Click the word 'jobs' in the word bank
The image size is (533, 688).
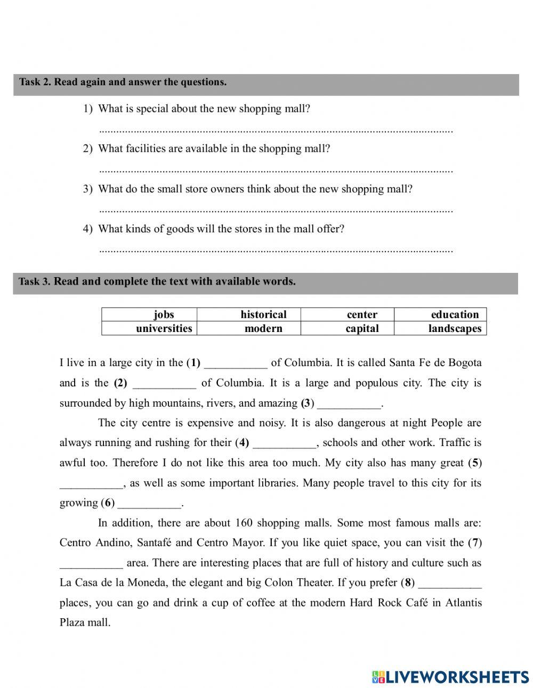click(x=164, y=314)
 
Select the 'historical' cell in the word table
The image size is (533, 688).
click(x=263, y=314)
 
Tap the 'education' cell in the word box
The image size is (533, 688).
click(x=455, y=314)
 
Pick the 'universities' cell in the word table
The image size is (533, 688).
click(x=164, y=328)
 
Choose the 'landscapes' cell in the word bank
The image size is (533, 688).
click(x=455, y=328)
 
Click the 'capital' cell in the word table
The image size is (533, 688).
click(x=362, y=328)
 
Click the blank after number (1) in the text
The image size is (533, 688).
click(x=236, y=365)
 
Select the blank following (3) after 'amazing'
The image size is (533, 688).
click(x=349, y=404)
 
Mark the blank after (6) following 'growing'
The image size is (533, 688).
click(x=149, y=504)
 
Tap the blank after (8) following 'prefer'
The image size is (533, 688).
click(x=450, y=584)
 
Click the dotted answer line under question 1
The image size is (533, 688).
click(x=276, y=130)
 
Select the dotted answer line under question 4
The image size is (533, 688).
click(x=276, y=250)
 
